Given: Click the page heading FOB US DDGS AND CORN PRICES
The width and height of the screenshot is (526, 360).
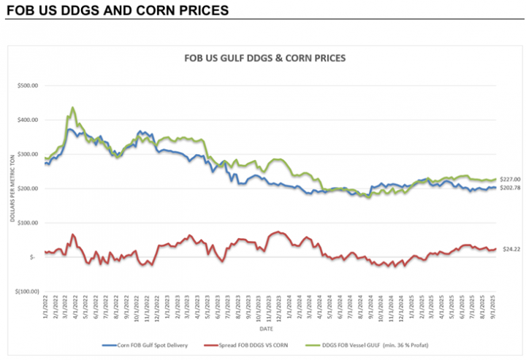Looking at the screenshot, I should (117, 11).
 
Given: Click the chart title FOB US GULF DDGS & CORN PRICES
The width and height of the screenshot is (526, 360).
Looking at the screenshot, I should (263, 58).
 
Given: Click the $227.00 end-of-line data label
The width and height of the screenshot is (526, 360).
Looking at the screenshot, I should (509, 179).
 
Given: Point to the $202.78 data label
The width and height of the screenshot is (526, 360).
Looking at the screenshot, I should (509, 188).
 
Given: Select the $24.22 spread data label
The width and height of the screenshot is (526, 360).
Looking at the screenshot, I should (509, 249).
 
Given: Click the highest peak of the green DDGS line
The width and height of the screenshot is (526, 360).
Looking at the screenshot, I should (72, 108).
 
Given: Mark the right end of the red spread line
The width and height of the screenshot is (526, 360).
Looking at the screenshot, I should (496, 249).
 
